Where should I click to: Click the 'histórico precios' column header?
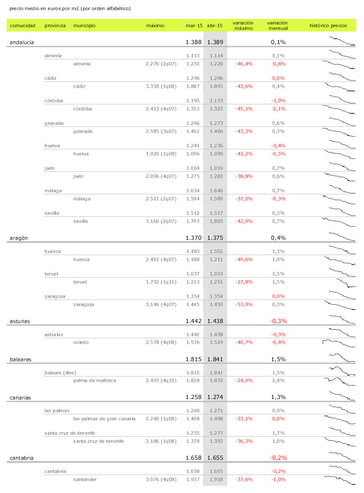click(328, 26)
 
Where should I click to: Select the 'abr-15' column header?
click(215, 26)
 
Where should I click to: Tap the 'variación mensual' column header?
click(278, 26)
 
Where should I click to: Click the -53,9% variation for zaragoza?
click(244, 305)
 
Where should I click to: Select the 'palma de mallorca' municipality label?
click(94, 381)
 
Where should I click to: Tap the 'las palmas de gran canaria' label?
click(104, 419)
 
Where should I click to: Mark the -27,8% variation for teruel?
click(244, 282)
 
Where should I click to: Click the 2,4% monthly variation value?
click(279, 381)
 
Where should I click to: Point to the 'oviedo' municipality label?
click(81, 342)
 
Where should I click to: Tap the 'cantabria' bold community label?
click(22, 457)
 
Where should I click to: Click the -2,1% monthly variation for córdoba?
click(278, 109)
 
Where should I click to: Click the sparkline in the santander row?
click(339, 480)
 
